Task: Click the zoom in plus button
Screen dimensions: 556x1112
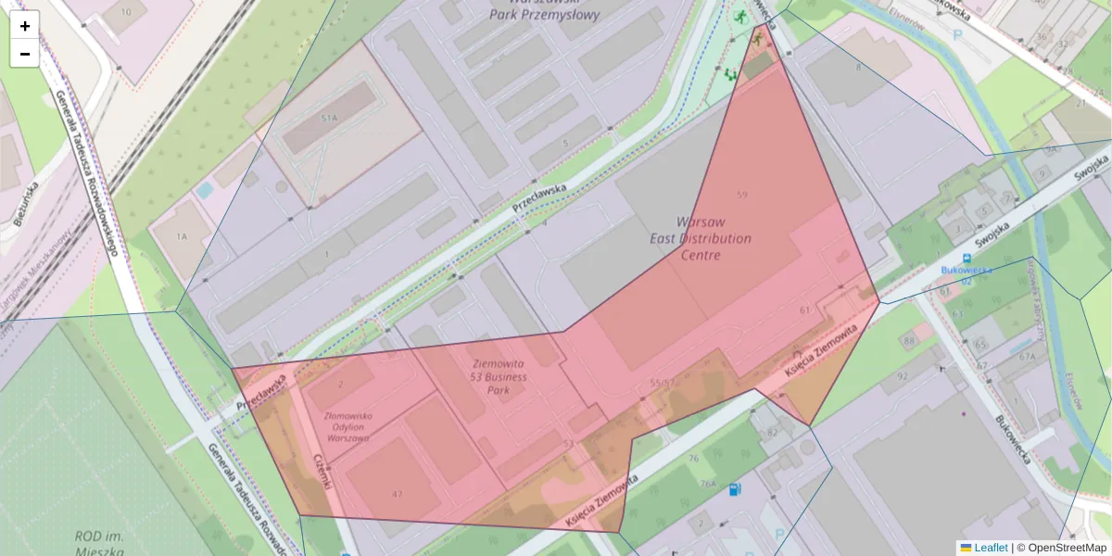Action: (25, 25)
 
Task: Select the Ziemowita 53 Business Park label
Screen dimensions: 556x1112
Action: (499, 377)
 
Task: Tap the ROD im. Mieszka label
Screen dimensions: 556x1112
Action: (100, 543)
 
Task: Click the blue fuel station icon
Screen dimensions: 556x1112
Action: (735, 488)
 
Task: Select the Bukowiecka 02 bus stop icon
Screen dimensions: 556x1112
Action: (967, 259)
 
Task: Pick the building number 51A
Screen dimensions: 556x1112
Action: (328, 120)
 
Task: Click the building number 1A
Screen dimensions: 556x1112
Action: (182, 237)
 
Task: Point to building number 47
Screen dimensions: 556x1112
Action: (397, 494)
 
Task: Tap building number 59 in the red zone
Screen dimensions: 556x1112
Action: (740, 195)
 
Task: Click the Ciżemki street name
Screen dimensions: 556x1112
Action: (322, 472)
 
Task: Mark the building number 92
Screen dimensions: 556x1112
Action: (902, 376)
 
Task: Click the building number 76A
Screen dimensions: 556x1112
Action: (708, 483)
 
